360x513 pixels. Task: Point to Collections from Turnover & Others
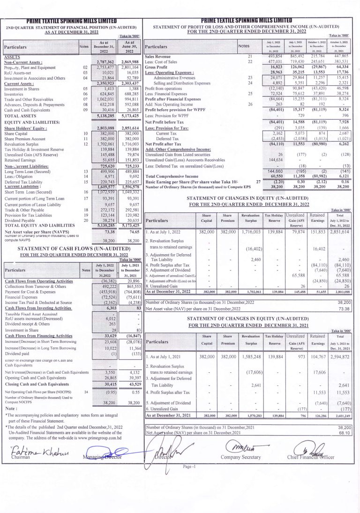point(35,286)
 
